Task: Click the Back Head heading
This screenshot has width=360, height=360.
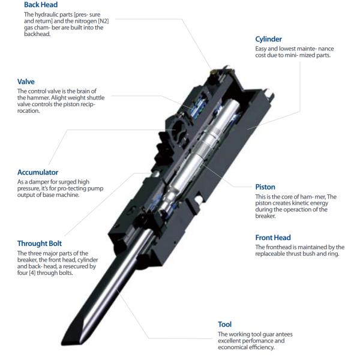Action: [x=41, y=5]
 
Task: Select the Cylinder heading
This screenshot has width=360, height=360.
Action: [x=268, y=39]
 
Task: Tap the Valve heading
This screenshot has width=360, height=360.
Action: [x=26, y=82]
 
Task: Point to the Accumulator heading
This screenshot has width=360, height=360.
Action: [x=38, y=172]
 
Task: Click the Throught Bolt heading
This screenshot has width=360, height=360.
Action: [x=40, y=244]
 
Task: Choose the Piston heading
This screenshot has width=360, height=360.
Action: [x=265, y=187]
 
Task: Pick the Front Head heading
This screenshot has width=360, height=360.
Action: [x=273, y=238]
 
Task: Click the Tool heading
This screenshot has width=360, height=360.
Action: [x=225, y=324]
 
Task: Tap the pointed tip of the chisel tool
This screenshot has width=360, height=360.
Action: [x=62, y=344]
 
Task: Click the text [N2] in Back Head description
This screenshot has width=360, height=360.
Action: [x=103, y=21]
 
